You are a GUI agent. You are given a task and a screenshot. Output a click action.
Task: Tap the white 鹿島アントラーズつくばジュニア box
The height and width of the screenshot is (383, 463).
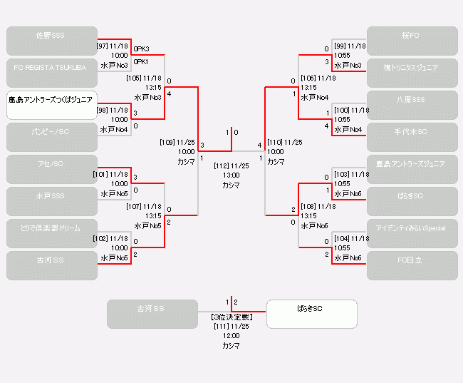(52, 105)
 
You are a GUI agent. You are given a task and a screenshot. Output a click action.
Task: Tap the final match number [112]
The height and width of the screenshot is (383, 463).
(221, 165)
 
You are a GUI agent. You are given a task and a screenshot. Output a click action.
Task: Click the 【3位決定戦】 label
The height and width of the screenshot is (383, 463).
(231, 317)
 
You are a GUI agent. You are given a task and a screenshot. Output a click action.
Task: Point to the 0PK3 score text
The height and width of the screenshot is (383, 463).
(142, 49)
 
